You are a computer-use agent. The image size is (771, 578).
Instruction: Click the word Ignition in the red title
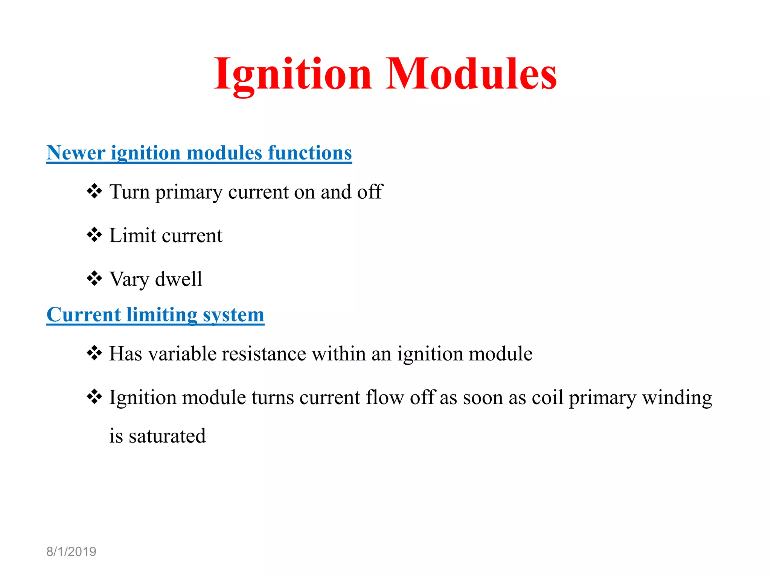click(293, 74)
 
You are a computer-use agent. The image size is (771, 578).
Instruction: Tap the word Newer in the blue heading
click(76, 153)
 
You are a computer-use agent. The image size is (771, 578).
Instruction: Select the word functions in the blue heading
click(309, 153)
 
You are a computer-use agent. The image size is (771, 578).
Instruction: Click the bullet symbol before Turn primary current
click(94, 191)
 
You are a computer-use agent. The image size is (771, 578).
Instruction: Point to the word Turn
click(130, 192)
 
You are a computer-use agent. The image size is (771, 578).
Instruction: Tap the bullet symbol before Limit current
click(94, 235)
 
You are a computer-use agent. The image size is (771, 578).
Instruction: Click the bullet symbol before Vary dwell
click(94, 278)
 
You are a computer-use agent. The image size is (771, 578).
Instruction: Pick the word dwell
click(178, 279)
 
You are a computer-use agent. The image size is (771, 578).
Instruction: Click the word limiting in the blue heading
click(162, 315)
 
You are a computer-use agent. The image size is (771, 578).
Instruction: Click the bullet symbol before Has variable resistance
click(94, 353)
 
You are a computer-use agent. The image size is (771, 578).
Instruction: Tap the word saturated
click(167, 436)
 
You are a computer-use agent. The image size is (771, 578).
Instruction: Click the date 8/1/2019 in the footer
click(71, 552)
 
